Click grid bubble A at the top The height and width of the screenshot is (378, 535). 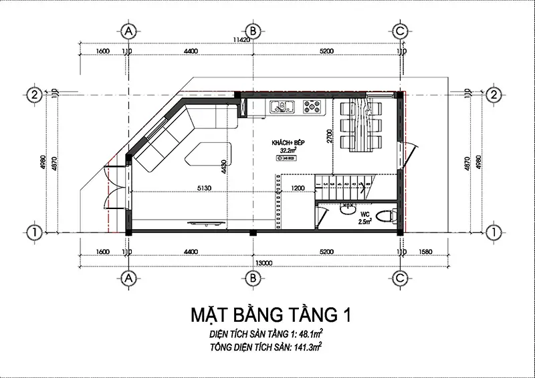point(129,31)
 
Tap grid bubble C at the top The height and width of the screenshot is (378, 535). point(400,31)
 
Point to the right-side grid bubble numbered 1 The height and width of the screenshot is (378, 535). point(494,232)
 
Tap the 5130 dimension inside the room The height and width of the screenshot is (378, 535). point(204,188)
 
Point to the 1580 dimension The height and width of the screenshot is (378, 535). point(435,252)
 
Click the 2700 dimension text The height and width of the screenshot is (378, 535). point(328,136)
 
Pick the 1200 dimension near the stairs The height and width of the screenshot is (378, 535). point(299,188)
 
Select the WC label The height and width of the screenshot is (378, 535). point(365,214)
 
